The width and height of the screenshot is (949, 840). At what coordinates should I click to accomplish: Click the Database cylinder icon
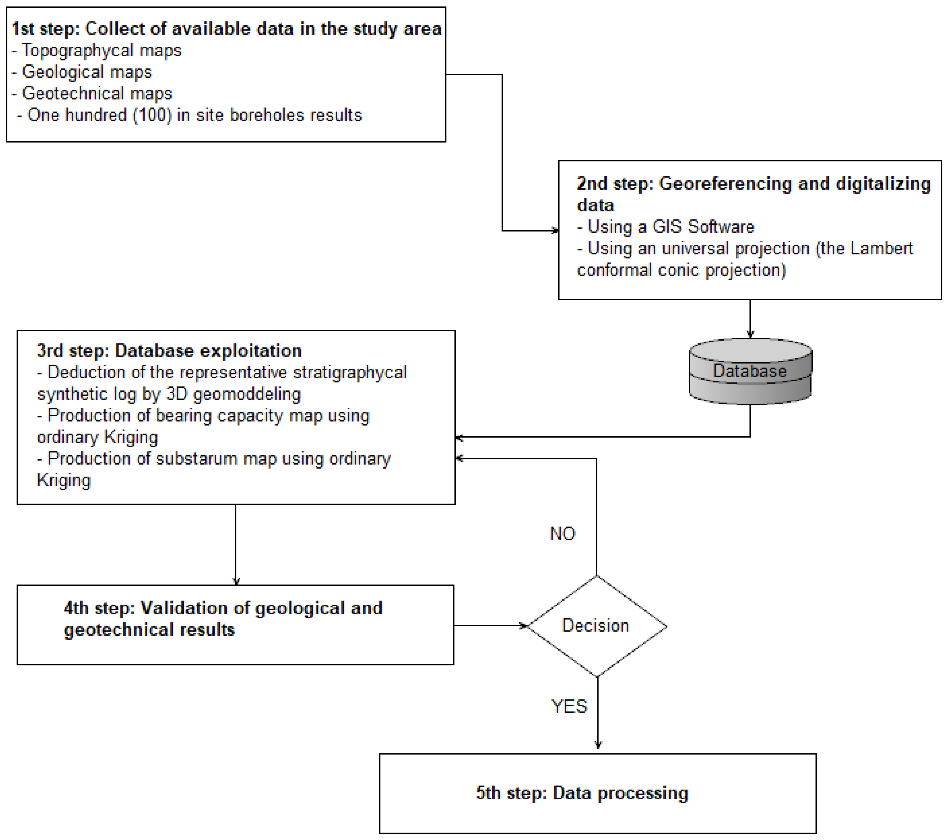tap(750, 371)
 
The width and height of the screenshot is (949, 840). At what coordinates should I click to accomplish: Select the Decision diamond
tap(597, 626)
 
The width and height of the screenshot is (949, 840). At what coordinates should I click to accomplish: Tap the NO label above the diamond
tap(562, 533)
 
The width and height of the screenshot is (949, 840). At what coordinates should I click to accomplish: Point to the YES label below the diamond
tap(569, 706)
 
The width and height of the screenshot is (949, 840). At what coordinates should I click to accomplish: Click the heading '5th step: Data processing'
tap(582, 793)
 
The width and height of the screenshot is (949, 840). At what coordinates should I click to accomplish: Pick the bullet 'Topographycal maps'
tap(101, 50)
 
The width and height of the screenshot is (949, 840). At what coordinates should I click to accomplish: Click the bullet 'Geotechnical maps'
tap(96, 93)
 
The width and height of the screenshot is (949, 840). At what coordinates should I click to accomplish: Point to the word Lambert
tap(881, 248)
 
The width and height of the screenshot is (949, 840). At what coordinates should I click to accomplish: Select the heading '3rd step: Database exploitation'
tap(169, 351)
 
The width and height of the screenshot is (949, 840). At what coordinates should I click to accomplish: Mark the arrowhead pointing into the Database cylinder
tap(750, 334)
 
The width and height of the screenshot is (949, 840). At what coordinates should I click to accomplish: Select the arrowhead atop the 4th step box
tap(236, 581)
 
